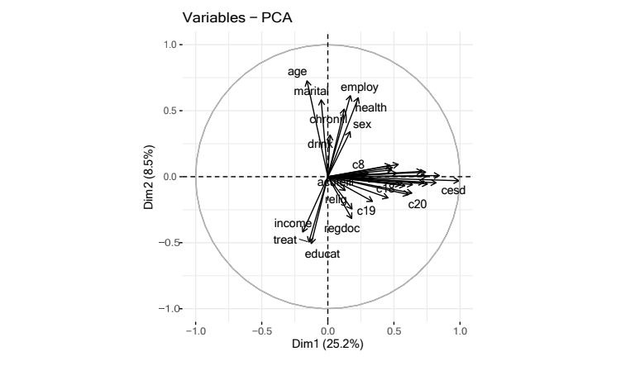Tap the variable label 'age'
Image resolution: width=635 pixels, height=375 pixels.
[298, 71]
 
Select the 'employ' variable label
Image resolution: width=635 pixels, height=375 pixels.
[360, 88]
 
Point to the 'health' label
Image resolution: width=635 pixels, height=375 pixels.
[370, 107]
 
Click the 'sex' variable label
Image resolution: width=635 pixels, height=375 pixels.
[362, 125]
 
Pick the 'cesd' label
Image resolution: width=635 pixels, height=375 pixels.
[453, 191]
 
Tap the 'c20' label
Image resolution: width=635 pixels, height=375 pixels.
[418, 203]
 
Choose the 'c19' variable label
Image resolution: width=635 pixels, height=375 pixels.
[366, 211]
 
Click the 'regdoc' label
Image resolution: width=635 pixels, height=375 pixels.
[342, 228]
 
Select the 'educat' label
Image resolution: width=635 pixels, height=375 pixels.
[322, 254]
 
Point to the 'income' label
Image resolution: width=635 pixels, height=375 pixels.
[293, 224]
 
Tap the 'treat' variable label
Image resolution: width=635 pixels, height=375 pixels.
[284, 240]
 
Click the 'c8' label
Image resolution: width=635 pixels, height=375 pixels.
[358, 164]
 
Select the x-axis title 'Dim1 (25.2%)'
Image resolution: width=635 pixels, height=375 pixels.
[328, 344]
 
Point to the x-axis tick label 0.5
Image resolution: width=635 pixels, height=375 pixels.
[394, 330]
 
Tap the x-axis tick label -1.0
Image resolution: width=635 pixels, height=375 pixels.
[195, 330]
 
